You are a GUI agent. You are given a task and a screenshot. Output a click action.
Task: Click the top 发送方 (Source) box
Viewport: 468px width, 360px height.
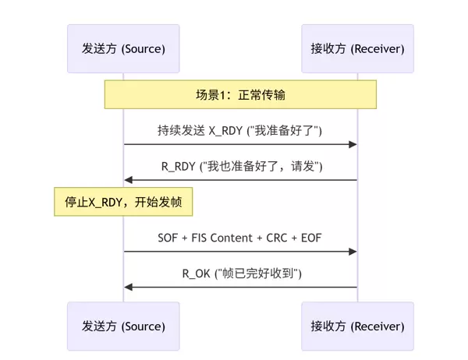123,49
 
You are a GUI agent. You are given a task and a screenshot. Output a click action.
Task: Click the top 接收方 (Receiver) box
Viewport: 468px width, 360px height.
357,49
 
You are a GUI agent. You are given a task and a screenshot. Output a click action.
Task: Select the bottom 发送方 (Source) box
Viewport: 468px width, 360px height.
123,326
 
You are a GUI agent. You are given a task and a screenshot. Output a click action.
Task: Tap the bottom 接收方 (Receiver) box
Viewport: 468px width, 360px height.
357,326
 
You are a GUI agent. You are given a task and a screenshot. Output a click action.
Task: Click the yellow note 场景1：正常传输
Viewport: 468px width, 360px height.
240,94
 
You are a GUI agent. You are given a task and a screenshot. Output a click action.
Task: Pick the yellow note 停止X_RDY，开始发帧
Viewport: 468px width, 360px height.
123,202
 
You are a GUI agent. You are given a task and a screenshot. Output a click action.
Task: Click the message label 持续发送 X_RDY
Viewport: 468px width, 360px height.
240,129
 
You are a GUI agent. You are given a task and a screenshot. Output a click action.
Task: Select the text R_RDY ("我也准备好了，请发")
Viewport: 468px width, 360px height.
240,165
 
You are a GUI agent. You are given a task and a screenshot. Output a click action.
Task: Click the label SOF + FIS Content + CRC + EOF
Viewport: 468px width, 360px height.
240,236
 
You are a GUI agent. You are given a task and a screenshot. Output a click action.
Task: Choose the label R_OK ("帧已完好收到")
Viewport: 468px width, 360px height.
240,272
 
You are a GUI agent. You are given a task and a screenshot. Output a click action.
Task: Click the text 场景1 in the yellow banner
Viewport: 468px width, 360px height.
211,94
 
